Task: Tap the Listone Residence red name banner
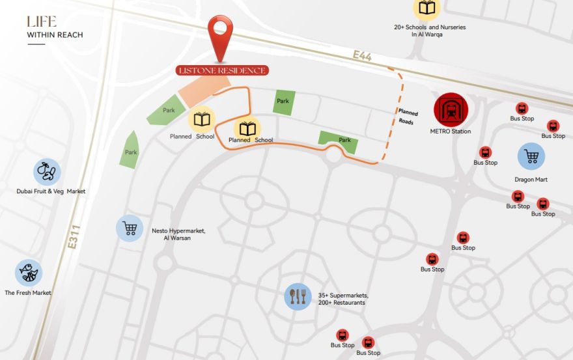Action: pos(222,70)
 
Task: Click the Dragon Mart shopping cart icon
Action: pos(531,156)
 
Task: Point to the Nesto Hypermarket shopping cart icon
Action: pos(130,228)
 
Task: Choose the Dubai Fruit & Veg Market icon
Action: pos(47,172)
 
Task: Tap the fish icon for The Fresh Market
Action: pos(28,273)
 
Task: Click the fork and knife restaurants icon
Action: pos(298,297)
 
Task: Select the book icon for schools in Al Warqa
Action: pos(427,8)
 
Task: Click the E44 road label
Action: pos(362,57)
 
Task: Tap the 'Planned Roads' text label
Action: pos(408,117)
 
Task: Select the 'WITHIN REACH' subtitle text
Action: pos(55,35)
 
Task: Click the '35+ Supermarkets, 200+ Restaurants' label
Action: pos(342,299)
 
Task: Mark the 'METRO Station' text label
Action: pos(450,132)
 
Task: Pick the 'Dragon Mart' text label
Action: pos(531,179)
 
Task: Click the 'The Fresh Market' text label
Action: pos(28,293)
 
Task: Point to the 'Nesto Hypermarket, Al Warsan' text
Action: pos(178,234)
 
